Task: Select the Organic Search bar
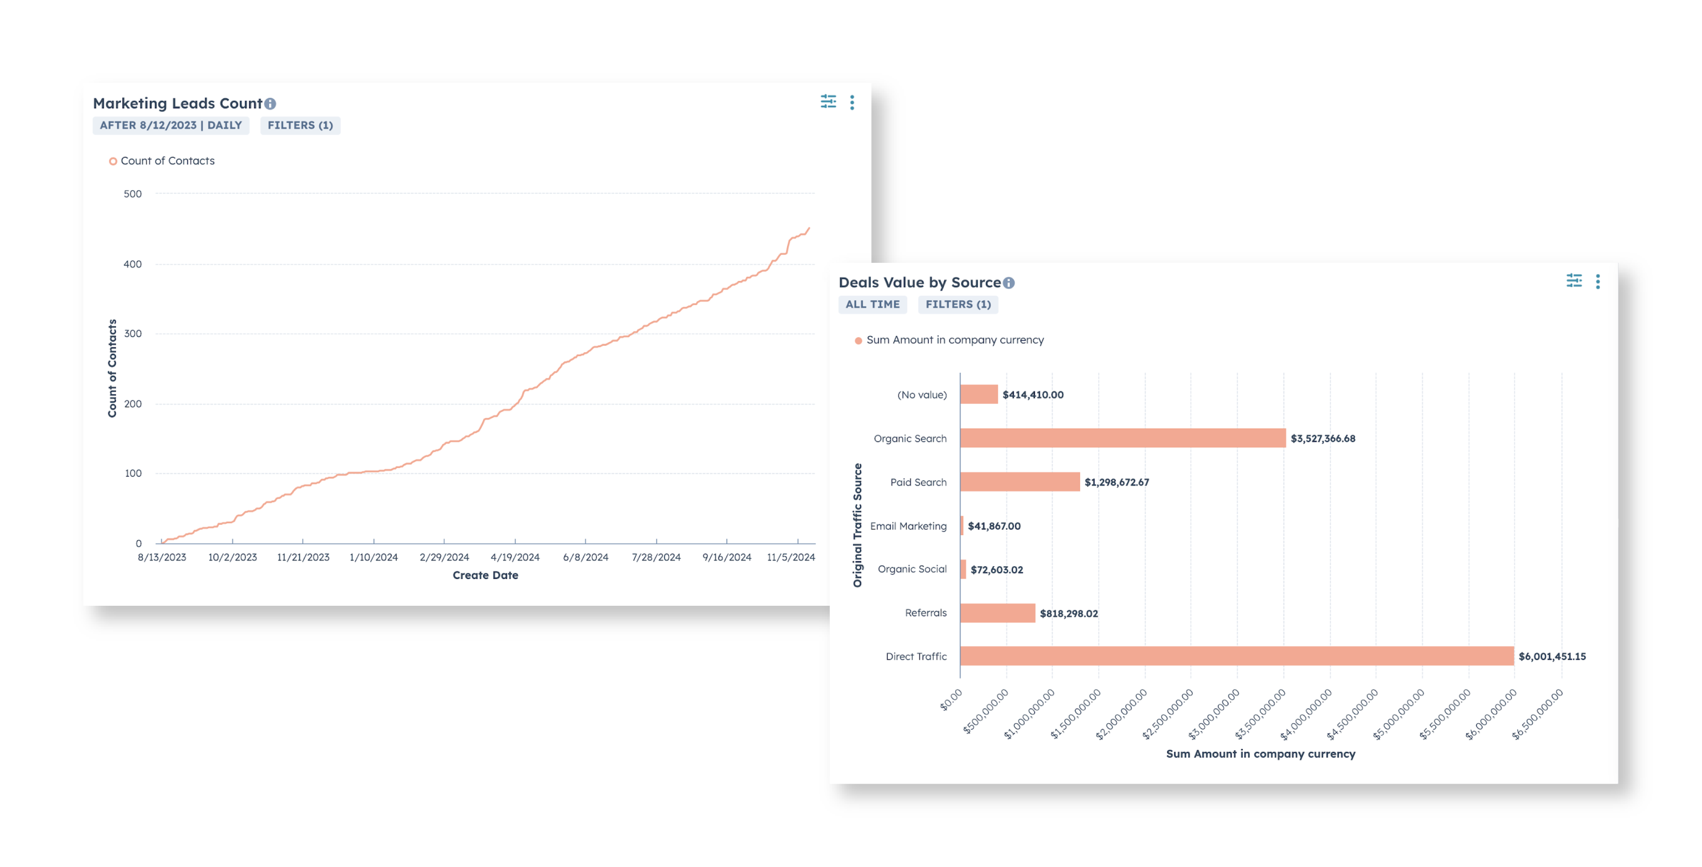coord(1122,438)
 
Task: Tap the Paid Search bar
coord(1019,482)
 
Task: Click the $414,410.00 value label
coord(1033,395)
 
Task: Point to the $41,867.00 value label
coord(994,526)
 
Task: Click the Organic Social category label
coord(912,569)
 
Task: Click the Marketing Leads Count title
coord(177,103)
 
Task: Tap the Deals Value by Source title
coord(919,282)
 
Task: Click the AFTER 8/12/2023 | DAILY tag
coord(171,125)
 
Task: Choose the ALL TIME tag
coord(872,304)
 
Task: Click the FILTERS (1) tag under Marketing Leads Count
coord(300,125)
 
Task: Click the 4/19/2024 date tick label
coord(515,557)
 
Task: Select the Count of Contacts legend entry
coord(167,161)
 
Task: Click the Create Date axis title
coord(485,575)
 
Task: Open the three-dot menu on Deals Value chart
coord(1597,282)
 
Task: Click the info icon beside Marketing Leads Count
coord(270,104)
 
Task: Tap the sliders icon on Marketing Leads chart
coord(828,102)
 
